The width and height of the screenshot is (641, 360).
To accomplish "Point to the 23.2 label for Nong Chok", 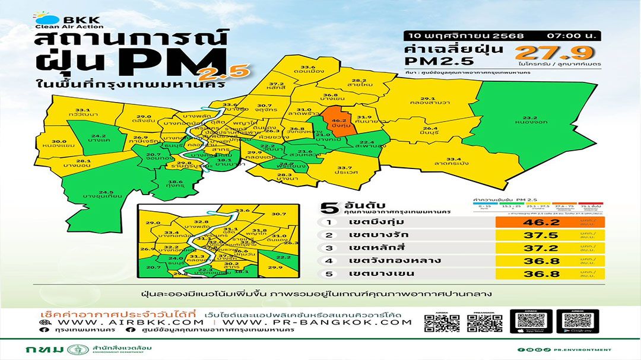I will coord(531,120).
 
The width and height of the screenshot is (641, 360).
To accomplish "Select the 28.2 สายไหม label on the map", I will coord(359,84).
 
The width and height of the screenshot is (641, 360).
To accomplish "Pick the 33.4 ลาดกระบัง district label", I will coord(453,162).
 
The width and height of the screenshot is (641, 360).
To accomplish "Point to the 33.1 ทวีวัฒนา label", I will coord(82,113).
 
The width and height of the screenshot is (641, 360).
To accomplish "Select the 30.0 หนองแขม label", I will coord(58,143).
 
